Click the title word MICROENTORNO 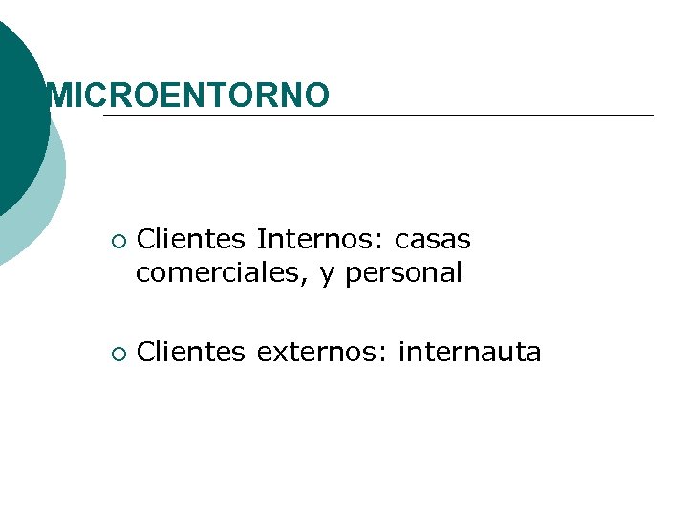(x=188, y=95)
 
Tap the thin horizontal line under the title (x=382, y=116)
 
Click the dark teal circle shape (x=19, y=115)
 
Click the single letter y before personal (x=328, y=275)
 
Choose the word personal (x=403, y=274)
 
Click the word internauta (x=469, y=353)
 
